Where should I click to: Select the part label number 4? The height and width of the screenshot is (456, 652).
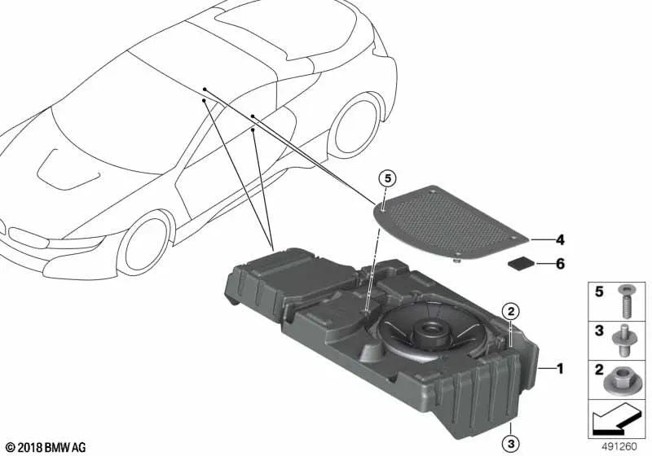click(x=560, y=240)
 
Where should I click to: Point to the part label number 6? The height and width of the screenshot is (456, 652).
click(x=560, y=264)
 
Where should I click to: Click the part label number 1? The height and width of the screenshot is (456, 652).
click(x=560, y=369)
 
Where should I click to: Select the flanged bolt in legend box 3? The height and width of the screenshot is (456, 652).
click(x=625, y=340)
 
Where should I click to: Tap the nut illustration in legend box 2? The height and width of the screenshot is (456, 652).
click(x=625, y=379)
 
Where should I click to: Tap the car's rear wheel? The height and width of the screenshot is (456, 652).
click(x=356, y=127)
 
